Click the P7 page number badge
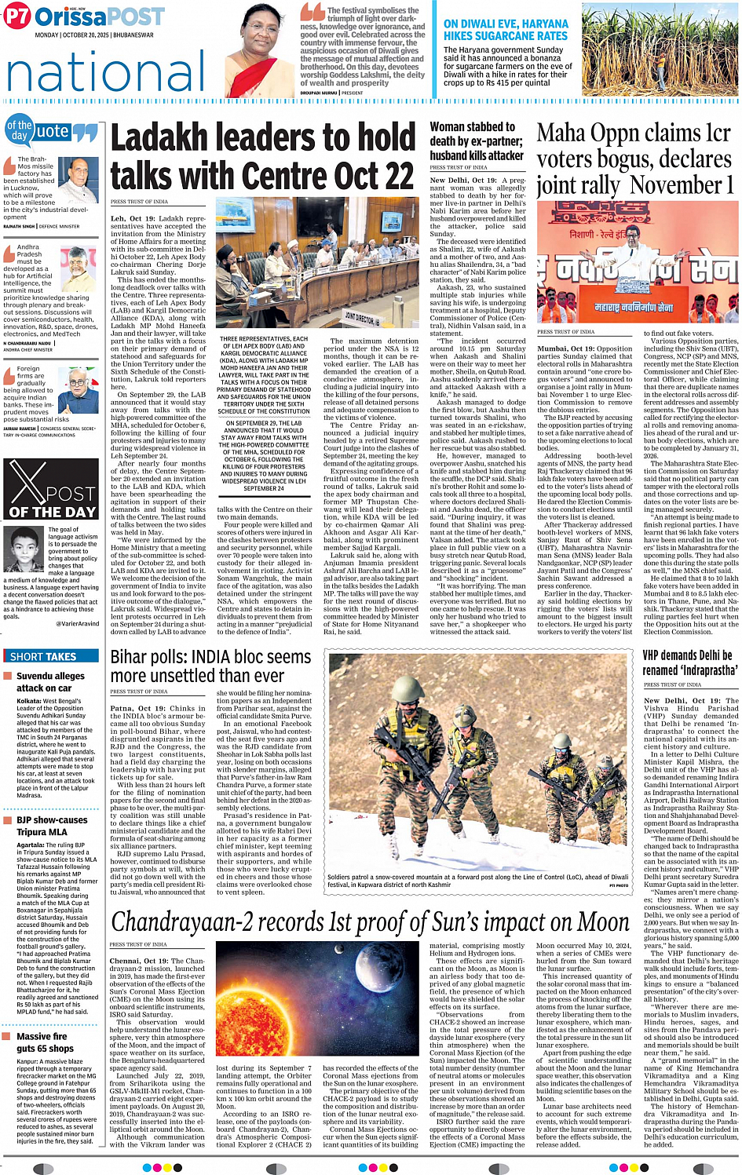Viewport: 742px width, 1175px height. click(x=16, y=16)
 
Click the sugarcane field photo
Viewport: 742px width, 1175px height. click(x=660, y=49)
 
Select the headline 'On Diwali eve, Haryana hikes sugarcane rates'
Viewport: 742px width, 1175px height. click(x=506, y=30)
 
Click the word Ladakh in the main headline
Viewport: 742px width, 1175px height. click(x=164, y=138)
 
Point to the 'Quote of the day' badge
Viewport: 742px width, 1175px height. click(x=51, y=132)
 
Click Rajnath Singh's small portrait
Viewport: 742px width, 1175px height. click(x=78, y=181)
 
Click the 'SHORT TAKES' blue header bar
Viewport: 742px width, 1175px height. click(x=51, y=656)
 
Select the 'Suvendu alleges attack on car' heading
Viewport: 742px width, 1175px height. click(x=50, y=681)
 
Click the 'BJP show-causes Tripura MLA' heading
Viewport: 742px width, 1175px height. click(x=52, y=826)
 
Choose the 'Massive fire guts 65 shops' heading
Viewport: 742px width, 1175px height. click(x=46, y=1042)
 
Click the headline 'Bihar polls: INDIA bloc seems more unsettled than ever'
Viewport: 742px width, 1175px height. click(x=210, y=666)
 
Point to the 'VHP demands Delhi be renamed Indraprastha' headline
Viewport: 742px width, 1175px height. click(x=689, y=662)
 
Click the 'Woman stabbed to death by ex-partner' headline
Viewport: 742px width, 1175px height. click(x=477, y=140)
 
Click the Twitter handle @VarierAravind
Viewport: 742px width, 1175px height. click(x=77, y=623)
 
